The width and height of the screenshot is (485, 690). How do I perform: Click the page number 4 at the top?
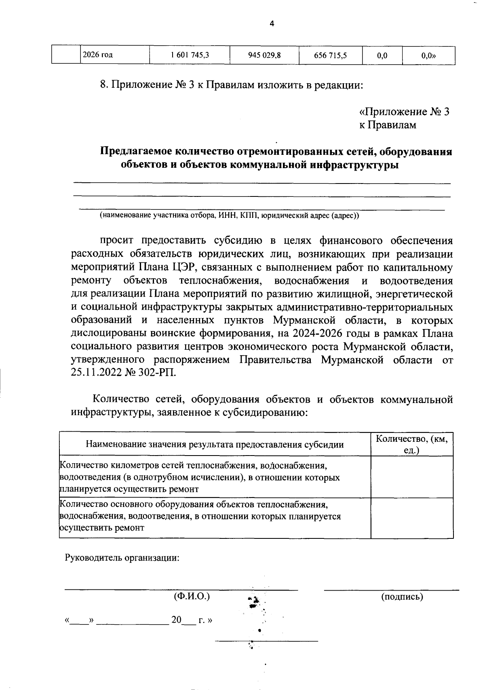[272, 24]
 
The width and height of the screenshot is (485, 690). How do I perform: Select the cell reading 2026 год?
[97, 55]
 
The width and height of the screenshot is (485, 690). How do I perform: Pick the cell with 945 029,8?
[264, 56]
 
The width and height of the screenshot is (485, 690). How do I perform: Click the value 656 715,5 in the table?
[330, 56]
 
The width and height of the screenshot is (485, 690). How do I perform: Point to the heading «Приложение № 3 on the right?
[404, 112]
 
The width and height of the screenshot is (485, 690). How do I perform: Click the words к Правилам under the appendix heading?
[388, 125]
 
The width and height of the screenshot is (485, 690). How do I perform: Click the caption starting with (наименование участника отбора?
[229, 215]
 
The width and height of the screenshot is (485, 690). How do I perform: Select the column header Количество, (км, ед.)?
[412, 444]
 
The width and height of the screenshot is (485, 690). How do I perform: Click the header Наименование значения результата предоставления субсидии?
[215, 445]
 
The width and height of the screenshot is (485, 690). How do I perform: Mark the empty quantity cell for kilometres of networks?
[412, 477]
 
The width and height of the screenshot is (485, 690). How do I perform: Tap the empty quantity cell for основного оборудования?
[412, 518]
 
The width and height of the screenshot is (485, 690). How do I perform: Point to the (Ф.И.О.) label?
[192, 596]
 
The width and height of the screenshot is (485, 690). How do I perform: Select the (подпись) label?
[402, 596]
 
